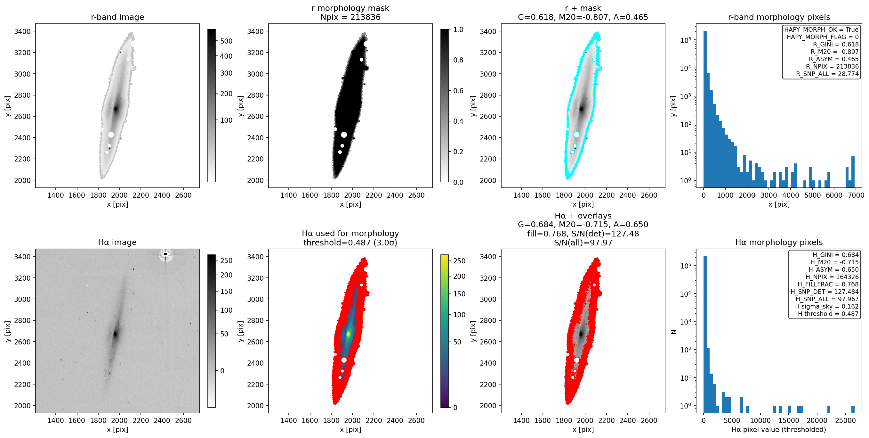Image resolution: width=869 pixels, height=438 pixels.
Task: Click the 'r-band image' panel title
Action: [117, 17]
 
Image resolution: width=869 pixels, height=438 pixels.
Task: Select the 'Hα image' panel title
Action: [117, 242]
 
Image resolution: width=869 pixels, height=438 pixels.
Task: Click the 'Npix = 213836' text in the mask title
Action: [350, 17]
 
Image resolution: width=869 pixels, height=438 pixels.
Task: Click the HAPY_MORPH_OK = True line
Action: [821, 29]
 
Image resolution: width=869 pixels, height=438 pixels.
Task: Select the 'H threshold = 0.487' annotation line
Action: [828, 314]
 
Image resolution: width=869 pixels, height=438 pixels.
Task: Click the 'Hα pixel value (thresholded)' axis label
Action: [779, 430]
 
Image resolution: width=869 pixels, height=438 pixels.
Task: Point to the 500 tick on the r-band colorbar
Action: [226, 41]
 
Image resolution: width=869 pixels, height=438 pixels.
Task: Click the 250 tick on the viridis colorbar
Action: [459, 261]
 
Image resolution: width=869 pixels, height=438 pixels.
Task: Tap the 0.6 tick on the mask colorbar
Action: [458, 91]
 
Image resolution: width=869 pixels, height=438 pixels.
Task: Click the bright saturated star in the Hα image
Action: [165, 254]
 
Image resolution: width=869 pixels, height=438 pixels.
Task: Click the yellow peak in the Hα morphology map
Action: [349, 334]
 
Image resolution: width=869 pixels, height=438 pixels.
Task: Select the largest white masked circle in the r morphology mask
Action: [344, 135]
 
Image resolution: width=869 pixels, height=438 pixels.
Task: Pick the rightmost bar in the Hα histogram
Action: [853, 409]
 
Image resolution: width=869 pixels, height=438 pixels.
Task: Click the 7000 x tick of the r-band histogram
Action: [856, 195]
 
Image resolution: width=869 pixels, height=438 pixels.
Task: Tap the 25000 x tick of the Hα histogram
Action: [845, 420]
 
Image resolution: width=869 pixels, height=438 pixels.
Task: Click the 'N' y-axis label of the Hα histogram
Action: [674, 332]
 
